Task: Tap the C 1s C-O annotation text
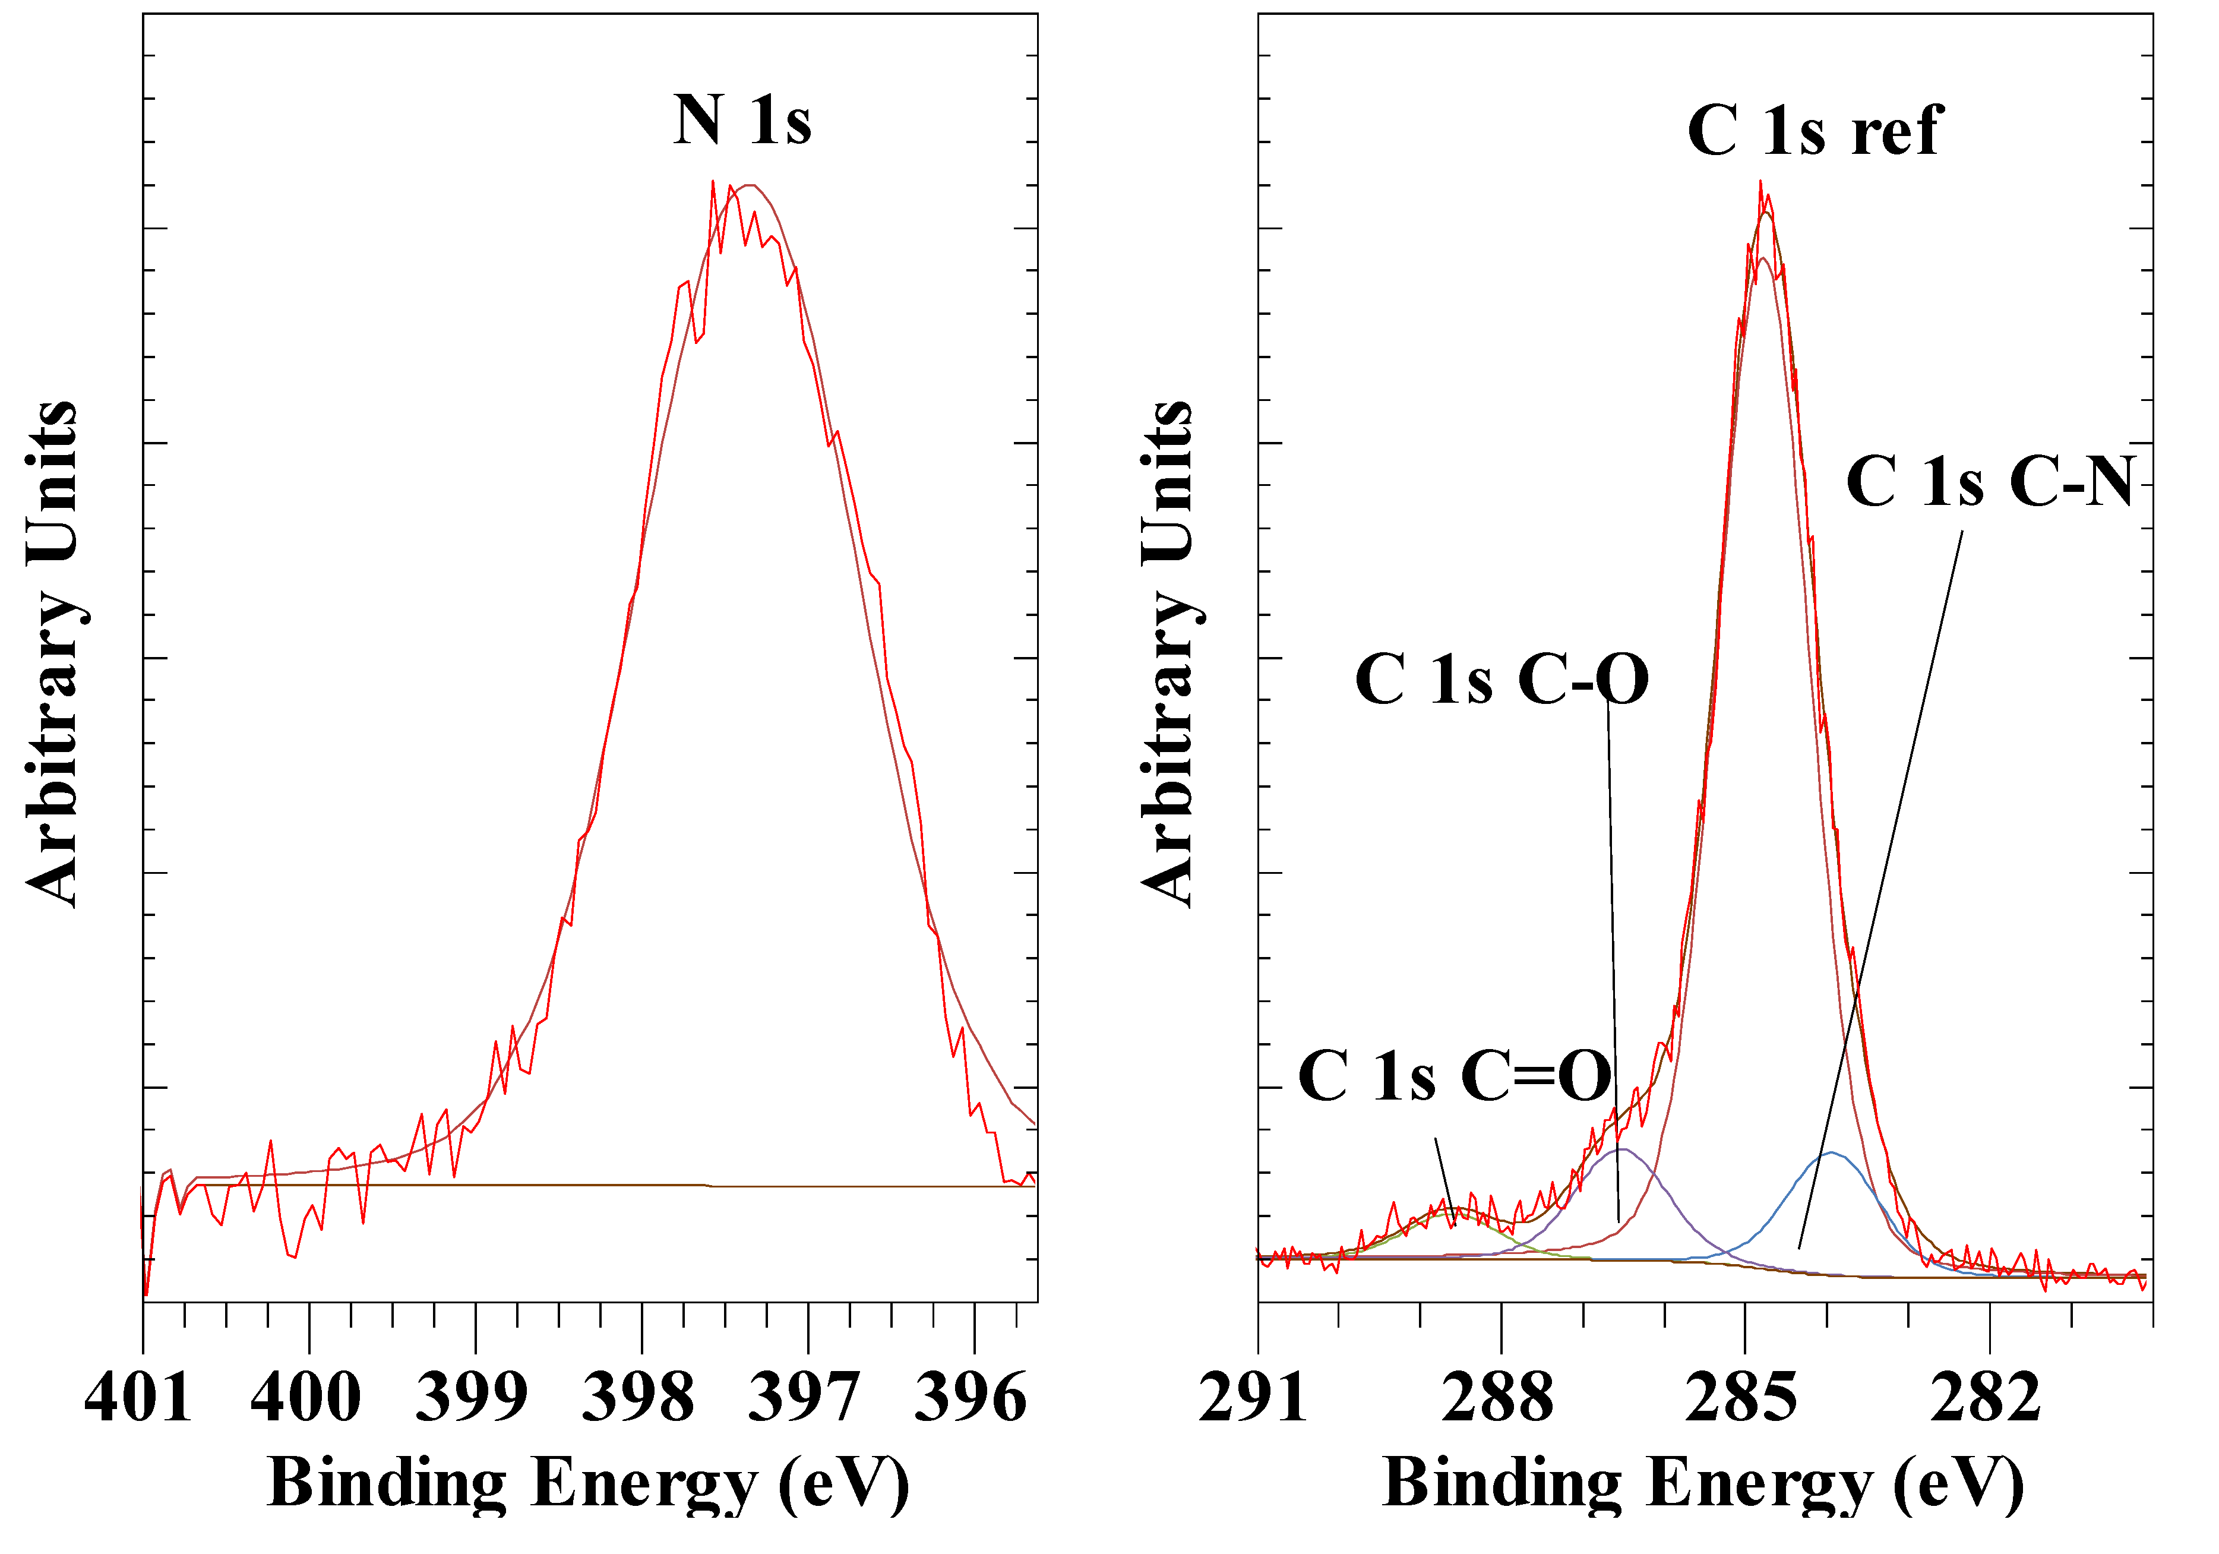pos(1501,680)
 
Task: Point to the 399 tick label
pos(472,1398)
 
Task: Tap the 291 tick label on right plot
pos(1253,1398)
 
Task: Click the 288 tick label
pos(1497,1398)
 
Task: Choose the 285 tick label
pos(1741,1398)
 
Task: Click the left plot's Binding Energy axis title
pos(587,1483)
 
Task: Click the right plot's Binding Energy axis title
pos(1703,1483)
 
